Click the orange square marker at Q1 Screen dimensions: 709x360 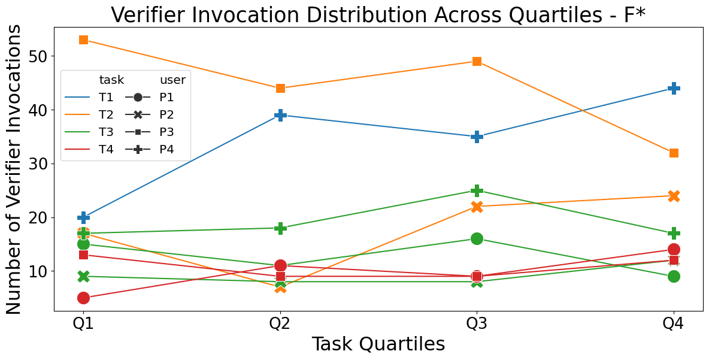click(83, 40)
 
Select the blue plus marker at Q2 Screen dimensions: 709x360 click(280, 115)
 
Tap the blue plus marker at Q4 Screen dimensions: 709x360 click(674, 88)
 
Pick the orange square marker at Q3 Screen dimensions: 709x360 click(477, 62)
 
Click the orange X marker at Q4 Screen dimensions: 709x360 click(674, 196)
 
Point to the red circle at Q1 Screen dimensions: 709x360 click(83, 298)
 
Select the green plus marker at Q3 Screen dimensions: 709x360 click(477, 190)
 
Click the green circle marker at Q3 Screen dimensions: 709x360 click(477, 239)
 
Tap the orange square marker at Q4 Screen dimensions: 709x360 click(674, 153)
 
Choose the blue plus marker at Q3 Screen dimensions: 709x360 click(477, 137)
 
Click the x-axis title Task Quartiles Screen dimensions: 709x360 click(378, 344)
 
